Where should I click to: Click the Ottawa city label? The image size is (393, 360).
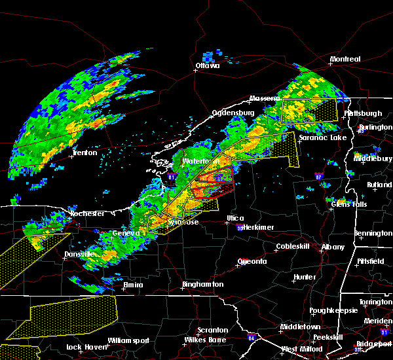(208, 65)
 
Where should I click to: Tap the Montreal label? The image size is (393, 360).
(345, 60)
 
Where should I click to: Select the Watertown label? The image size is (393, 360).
(200, 161)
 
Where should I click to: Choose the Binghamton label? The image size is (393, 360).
(203, 285)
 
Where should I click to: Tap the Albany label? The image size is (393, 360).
(331, 247)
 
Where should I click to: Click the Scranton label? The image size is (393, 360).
(214, 330)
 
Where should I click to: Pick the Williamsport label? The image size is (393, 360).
(128, 340)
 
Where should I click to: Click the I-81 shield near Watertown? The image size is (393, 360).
(172, 177)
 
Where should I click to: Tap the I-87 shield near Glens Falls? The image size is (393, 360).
(318, 177)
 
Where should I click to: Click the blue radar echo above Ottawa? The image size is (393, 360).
(210, 55)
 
